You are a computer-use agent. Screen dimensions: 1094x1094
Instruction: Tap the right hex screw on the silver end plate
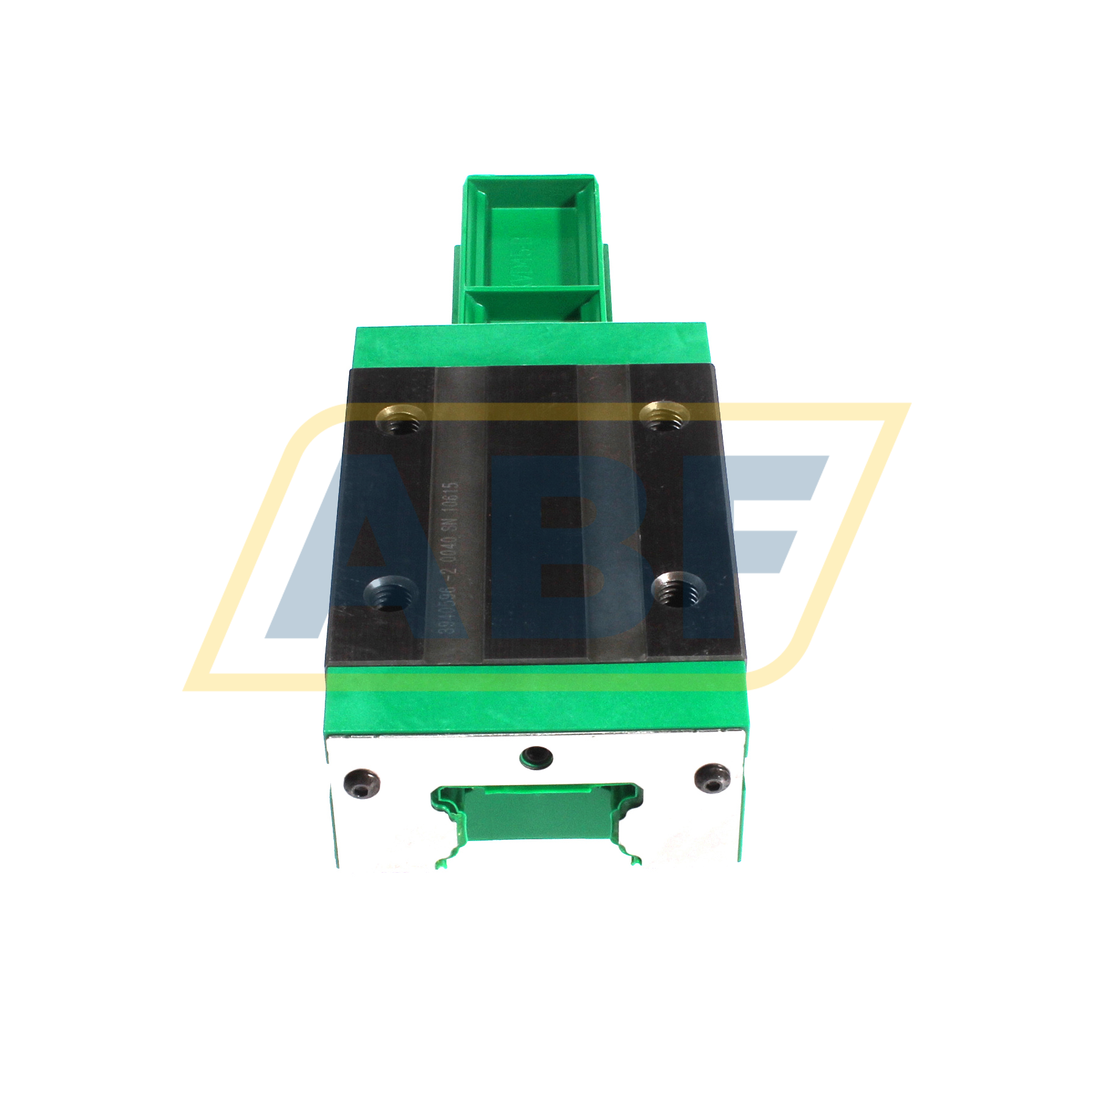712,780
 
